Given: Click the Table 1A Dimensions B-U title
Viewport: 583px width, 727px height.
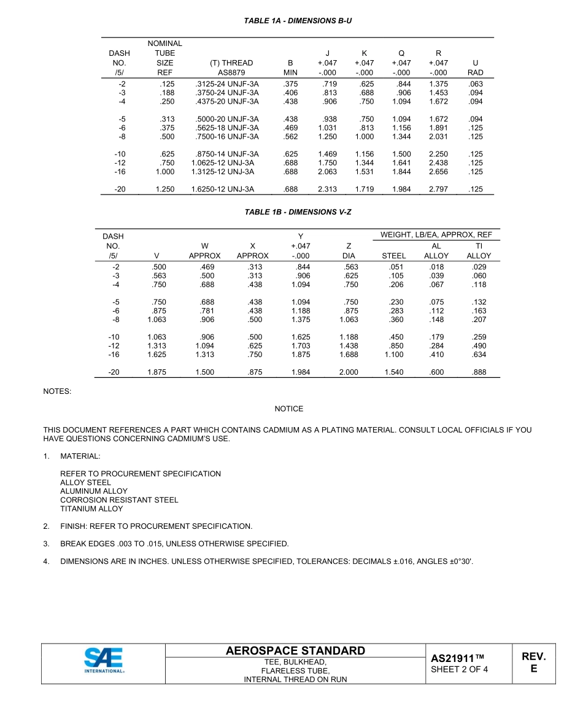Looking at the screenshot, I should tap(298, 21).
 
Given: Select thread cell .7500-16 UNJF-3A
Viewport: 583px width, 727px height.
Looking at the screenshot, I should tap(225, 137).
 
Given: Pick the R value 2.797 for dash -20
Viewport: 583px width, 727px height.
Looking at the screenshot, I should tap(438, 190).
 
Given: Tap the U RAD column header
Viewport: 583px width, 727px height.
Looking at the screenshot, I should tap(475, 67).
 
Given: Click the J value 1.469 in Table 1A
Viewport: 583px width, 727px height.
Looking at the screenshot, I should tap(327, 154).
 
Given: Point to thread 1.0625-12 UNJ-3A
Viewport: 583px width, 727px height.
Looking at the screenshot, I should tap(222, 163).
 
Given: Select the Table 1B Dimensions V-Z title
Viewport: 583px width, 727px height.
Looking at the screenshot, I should tap(298, 212).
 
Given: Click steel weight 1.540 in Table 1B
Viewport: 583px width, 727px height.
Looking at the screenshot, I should tap(394, 372).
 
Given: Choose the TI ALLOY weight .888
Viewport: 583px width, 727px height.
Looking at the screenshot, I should tap(479, 372).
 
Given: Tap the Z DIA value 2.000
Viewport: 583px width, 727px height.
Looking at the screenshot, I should tap(349, 372).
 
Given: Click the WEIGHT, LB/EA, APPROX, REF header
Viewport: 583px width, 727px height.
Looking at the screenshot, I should tap(436, 235).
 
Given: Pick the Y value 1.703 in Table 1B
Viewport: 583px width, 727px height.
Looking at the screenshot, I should tap(301, 346).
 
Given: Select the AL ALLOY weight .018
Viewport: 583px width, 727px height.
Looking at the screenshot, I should tap(436, 267).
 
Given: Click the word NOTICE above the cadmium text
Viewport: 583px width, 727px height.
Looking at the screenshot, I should tap(288, 409).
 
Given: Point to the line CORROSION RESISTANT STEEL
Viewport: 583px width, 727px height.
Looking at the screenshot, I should tap(119, 500).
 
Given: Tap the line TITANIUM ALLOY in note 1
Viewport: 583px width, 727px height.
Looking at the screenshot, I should tap(91, 509).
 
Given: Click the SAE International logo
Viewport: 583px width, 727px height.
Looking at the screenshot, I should tap(104, 663).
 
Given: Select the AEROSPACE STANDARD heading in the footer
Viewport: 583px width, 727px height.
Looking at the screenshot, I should tap(295, 651).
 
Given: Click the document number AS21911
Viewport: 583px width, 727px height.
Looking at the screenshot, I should tap(458, 658).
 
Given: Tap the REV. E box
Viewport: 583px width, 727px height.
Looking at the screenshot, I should tap(533, 663).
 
